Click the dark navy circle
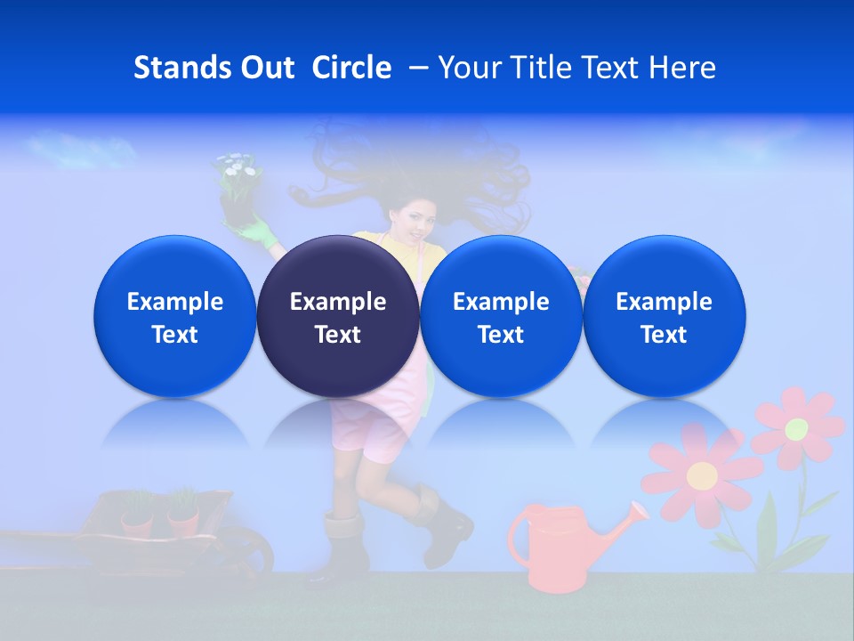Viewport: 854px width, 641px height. [x=338, y=316]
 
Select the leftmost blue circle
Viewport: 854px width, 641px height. [x=174, y=316]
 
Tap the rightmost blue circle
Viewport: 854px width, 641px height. [x=664, y=316]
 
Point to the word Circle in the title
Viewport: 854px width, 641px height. [x=351, y=68]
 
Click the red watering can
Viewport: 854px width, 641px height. [x=552, y=548]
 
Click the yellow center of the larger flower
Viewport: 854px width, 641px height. [x=702, y=475]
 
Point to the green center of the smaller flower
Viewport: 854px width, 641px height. [x=796, y=428]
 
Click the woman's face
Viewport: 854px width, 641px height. [x=415, y=218]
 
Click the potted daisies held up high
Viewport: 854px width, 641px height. [x=238, y=183]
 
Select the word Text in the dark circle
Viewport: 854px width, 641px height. [x=338, y=335]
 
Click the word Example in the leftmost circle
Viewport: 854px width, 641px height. [x=174, y=302]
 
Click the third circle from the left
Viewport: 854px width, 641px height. [x=501, y=316]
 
